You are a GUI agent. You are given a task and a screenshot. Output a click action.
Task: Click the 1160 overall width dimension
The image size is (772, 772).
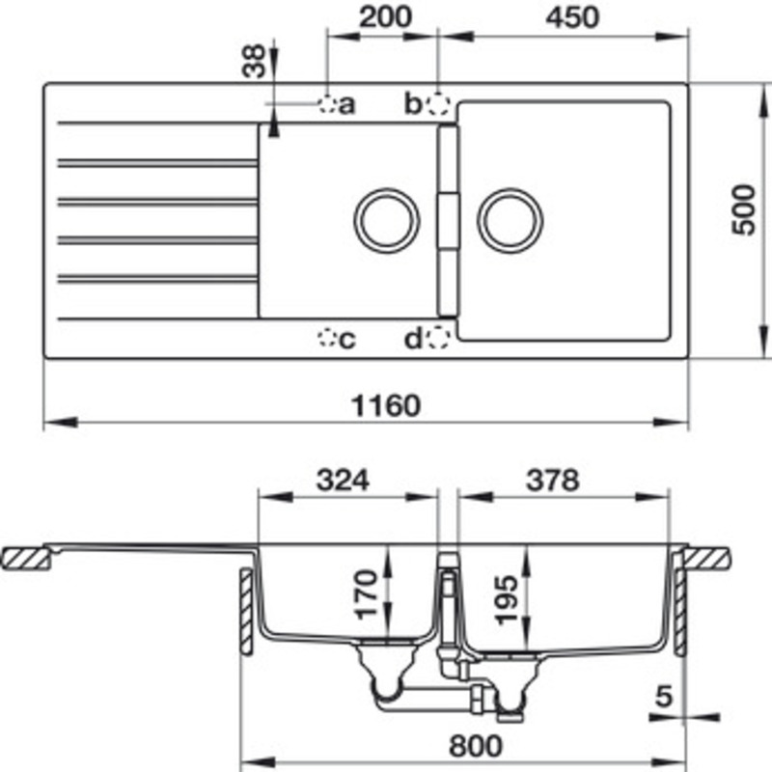[x=386, y=405]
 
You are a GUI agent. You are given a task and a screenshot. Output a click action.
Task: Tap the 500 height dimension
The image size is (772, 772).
[x=743, y=209]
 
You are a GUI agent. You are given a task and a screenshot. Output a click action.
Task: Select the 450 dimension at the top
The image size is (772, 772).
[x=572, y=16]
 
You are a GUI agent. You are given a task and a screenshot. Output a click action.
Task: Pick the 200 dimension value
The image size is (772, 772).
[x=385, y=16]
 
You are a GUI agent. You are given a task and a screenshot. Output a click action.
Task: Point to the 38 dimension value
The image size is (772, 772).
[x=253, y=61]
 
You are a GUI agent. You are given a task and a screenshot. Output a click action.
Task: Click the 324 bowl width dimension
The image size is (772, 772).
[x=343, y=480]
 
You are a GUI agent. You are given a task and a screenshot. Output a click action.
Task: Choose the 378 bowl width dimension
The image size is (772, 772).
[x=552, y=480]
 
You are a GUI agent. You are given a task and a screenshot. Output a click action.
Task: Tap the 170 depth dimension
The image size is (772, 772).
[x=366, y=594]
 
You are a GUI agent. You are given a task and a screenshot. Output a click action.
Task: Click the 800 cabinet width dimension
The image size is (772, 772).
[x=476, y=745]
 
